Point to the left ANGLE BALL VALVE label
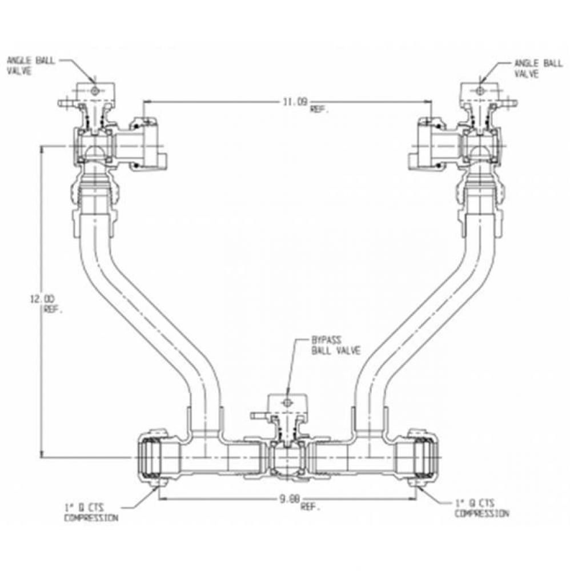[x=31, y=66]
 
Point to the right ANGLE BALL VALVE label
[x=538, y=68]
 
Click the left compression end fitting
[x=153, y=459]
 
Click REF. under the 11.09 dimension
[x=319, y=111]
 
